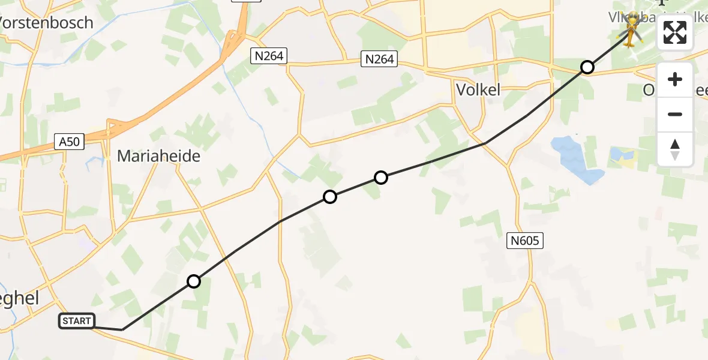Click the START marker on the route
click(77, 321)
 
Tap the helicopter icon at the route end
click(632, 28)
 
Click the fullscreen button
click(675, 33)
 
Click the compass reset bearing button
click(675, 149)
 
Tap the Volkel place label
click(478, 90)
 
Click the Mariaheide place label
click(158, 156)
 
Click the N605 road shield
click(526, 241)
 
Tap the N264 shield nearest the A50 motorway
click(269, 56)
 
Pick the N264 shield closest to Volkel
click(379, 59)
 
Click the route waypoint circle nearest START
click(193, 281)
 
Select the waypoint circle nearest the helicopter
click(587, 67)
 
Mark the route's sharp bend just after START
click(122, 329)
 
